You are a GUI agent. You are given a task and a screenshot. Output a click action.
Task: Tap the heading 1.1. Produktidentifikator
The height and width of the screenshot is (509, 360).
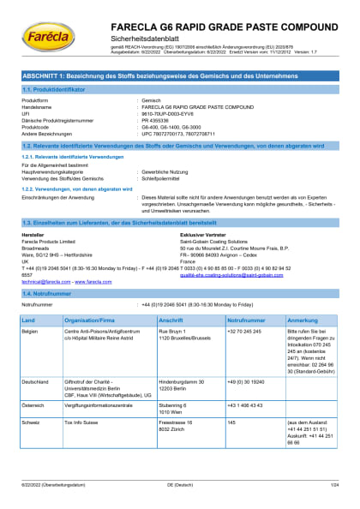pyautogui.click(x=55, y=89)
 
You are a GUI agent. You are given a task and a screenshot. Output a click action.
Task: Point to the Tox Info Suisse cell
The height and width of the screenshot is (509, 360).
pyautogui.click(x=85, y=422)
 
